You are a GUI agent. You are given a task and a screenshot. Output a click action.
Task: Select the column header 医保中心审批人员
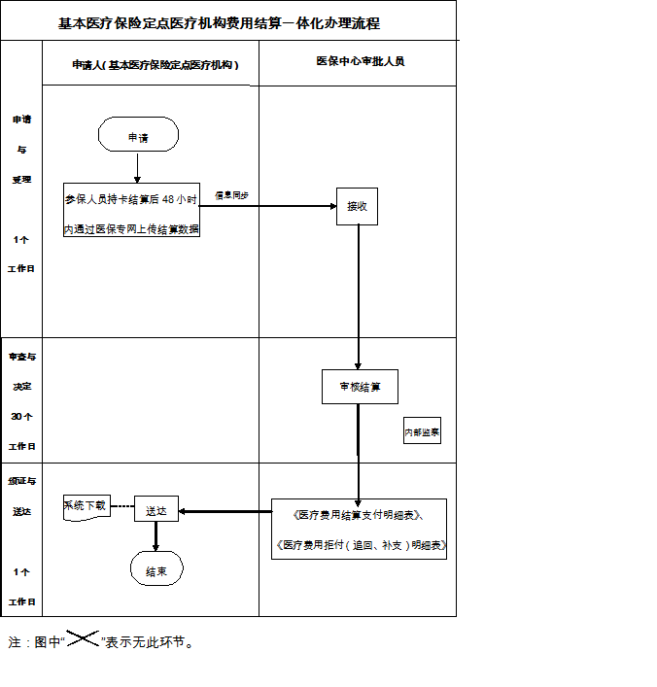[x=360, y=61]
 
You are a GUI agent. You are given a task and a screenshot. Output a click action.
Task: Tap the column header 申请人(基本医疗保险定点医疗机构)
[x=156, y=64]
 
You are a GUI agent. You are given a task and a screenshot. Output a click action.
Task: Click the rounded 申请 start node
[x=138, y=136]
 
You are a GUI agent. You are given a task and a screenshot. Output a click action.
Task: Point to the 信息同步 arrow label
[x=231, y=195]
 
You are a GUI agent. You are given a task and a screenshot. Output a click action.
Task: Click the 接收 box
[x=357, y=206]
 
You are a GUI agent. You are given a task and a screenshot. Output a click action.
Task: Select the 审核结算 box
[x=360, y=387]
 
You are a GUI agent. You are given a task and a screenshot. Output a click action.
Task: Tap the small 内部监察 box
[x=422, y=430]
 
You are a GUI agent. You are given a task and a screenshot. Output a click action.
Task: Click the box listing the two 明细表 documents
[x=361, y=529]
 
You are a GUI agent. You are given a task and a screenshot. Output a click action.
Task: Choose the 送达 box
[x=156, y=509]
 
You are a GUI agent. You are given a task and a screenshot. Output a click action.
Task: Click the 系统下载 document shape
[x=86, y=507]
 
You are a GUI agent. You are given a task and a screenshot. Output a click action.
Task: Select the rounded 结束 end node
[x=156, y=570]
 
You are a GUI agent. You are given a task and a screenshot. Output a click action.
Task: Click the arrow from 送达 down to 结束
[x=156, y=537]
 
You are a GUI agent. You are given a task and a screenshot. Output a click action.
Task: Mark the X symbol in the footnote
[x=83, y=638]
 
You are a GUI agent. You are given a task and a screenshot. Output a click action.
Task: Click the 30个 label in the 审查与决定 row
[x=21, y=416]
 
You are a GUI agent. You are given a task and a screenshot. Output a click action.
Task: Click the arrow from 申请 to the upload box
[x=138, y=166]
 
